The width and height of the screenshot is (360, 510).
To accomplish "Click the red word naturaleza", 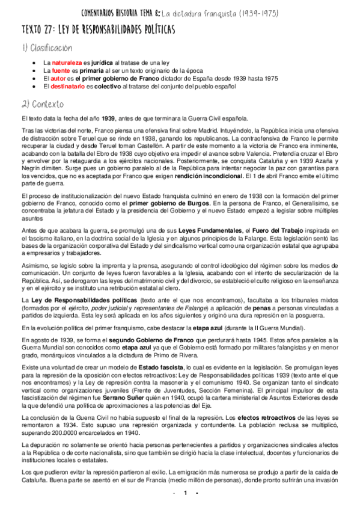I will [65, 62].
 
